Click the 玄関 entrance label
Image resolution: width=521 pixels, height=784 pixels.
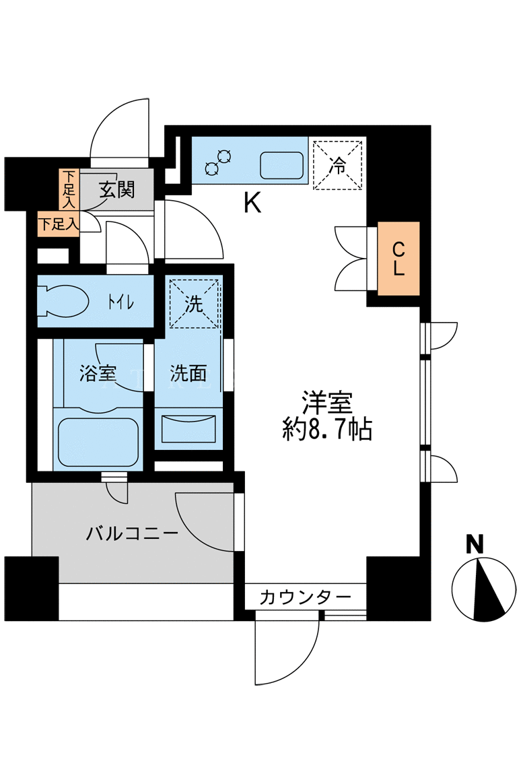pyautogui.click(x=117, y=190)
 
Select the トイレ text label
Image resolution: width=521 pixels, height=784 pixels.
pyautogui.click(x=120, y=302)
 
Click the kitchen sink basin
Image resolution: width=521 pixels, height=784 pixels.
pyautogui.click(x=282, y=165)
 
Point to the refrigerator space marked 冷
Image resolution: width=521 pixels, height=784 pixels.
pyautogui.click(x=337, y=165)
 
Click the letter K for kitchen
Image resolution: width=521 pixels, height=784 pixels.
pyautogui.click(x=252, y=203)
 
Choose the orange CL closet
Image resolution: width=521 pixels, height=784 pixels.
pyautogui.click(x=398, y=259)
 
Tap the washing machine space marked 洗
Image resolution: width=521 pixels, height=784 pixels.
pyautogui.click(x=195, y=304)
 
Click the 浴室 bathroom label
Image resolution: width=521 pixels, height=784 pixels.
pyautogui.click(x=98, y=373)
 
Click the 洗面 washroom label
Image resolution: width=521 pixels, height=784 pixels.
pyautogui.click(x=188, y=373)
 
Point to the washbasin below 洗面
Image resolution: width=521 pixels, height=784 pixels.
pyautogui.click(x=188, y=428)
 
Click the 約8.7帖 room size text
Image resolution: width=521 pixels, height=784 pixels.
pyautogui.click(x=327, y=429)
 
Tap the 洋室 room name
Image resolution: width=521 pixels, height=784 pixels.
pyautogui.click(x=327, y=403)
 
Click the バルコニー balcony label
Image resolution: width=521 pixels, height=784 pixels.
pyautogui.click(x=132, y=533)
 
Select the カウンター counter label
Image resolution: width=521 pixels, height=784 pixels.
pyautogui.click(x=305, y=597)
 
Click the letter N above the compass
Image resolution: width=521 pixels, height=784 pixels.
pyautogui.click(x=475, y=544)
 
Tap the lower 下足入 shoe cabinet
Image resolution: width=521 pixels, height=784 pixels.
pyautogui.click(x=59, y=224)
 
